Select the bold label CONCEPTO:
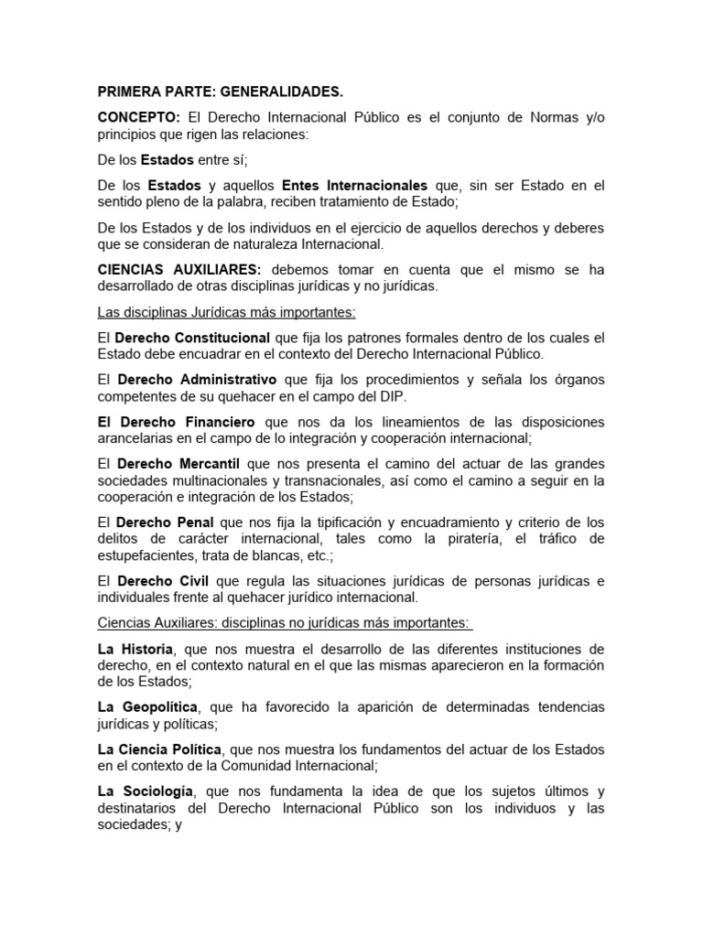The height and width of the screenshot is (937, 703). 138,118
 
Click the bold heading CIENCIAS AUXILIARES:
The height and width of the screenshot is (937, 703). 179,270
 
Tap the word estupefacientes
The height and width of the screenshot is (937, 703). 143,555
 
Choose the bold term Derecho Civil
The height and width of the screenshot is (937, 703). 158,581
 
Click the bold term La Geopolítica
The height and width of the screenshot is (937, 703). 149,707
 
